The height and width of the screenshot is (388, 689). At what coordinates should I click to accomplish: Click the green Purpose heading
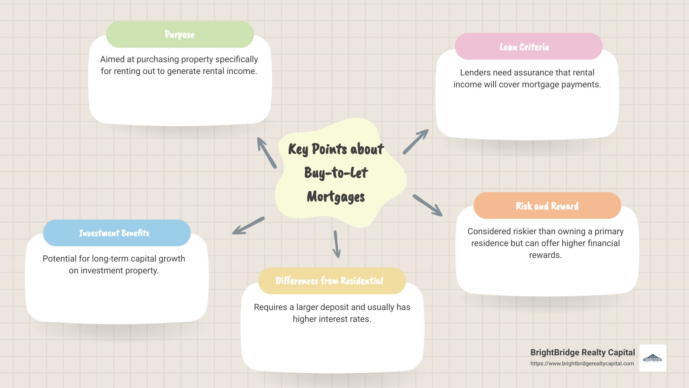click(179, 34)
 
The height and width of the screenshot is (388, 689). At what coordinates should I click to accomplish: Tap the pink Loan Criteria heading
click(524, 47)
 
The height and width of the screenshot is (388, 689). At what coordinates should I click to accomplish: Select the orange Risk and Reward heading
click(547, 206)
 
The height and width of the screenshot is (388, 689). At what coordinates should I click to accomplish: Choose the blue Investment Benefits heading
click(114, 233)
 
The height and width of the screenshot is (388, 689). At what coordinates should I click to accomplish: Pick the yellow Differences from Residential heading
click(329, 281)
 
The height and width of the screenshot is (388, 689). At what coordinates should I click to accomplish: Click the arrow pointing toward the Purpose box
click(267, 153)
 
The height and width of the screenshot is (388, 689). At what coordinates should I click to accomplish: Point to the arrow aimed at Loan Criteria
click(416, 142)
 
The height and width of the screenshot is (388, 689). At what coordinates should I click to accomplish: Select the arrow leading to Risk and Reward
click(427, 205)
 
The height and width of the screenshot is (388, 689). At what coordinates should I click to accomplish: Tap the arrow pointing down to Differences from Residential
click(337, 244)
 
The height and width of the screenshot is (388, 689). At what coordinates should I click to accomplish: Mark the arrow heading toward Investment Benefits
click(248, 226)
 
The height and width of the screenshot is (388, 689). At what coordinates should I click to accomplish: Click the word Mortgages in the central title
click(336, 197)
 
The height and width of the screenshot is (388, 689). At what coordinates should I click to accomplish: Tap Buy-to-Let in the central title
click(336, 173)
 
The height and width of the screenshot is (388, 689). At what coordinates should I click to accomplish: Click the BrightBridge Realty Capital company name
click(582, 352)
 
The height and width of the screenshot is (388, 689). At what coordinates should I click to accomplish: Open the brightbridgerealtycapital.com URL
click(582, 364)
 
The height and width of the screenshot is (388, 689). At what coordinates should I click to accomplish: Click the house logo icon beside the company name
click(653, 358)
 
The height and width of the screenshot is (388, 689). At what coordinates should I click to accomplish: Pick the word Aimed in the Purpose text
click(112, 59)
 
